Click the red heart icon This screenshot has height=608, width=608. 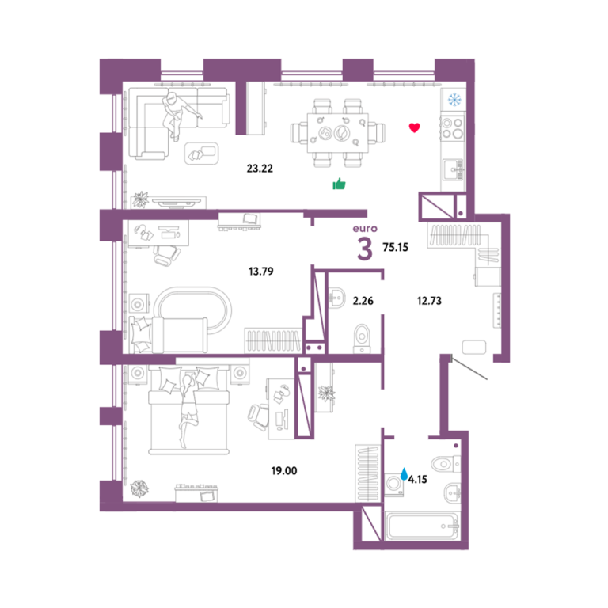[415, 127]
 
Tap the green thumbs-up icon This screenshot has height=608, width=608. [340, 184]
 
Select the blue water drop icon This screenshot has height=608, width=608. [404, 473]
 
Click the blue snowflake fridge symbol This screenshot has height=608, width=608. [454, 100]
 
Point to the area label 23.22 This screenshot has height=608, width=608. [260, 169]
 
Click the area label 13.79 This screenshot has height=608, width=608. [261, 271]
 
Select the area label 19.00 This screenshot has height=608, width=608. [284, 471]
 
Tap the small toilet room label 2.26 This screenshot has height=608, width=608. [363, 301]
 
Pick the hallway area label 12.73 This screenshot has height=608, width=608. [429, 301]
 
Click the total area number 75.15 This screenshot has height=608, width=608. [396, 247]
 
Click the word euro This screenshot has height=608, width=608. [365, 228]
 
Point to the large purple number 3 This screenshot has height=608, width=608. [364, 249]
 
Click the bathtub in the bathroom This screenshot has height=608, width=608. [423, 526]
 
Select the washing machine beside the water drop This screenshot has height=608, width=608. [394, 484]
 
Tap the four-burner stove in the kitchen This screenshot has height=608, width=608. [453, 128]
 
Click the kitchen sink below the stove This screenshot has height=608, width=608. [454, 170]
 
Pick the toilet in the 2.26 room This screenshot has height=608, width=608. [362, 338]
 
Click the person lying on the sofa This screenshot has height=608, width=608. [177, 113]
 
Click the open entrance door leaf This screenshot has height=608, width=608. [469, 369]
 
